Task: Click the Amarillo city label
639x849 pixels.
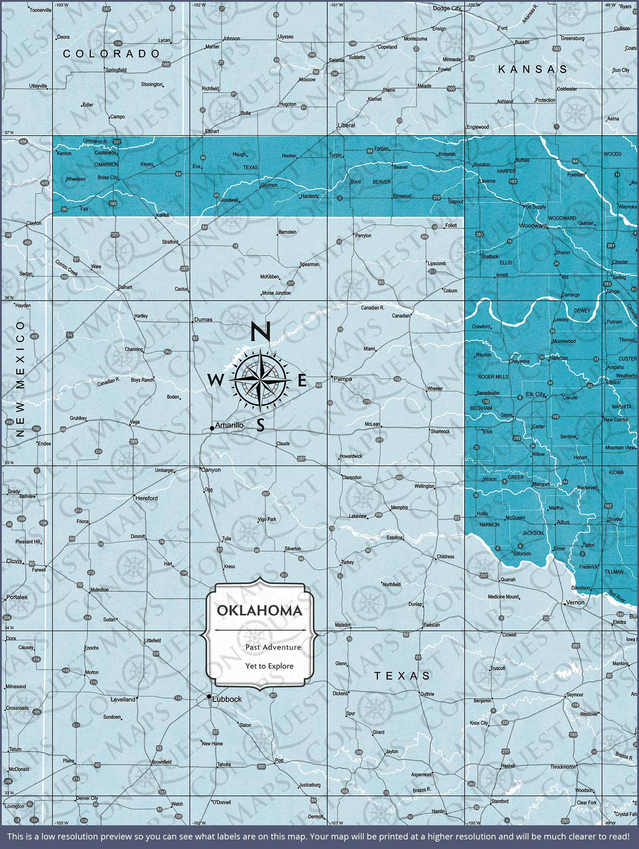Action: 229,425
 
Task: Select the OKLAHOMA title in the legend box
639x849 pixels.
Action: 260,611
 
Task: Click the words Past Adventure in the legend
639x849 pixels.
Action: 273,647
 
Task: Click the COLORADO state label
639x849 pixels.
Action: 111,54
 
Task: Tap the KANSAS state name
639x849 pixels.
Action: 532,69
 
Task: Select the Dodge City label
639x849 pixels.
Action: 447,8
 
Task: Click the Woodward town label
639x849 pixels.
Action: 533,226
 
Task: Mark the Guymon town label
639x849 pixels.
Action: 269,185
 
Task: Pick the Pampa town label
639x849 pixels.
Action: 342,379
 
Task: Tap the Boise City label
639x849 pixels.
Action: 108,178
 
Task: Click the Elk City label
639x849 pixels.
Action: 535,394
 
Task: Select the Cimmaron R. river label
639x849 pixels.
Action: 95,141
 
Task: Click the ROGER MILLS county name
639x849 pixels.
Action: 493,377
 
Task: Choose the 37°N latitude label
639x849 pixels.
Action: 8,133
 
